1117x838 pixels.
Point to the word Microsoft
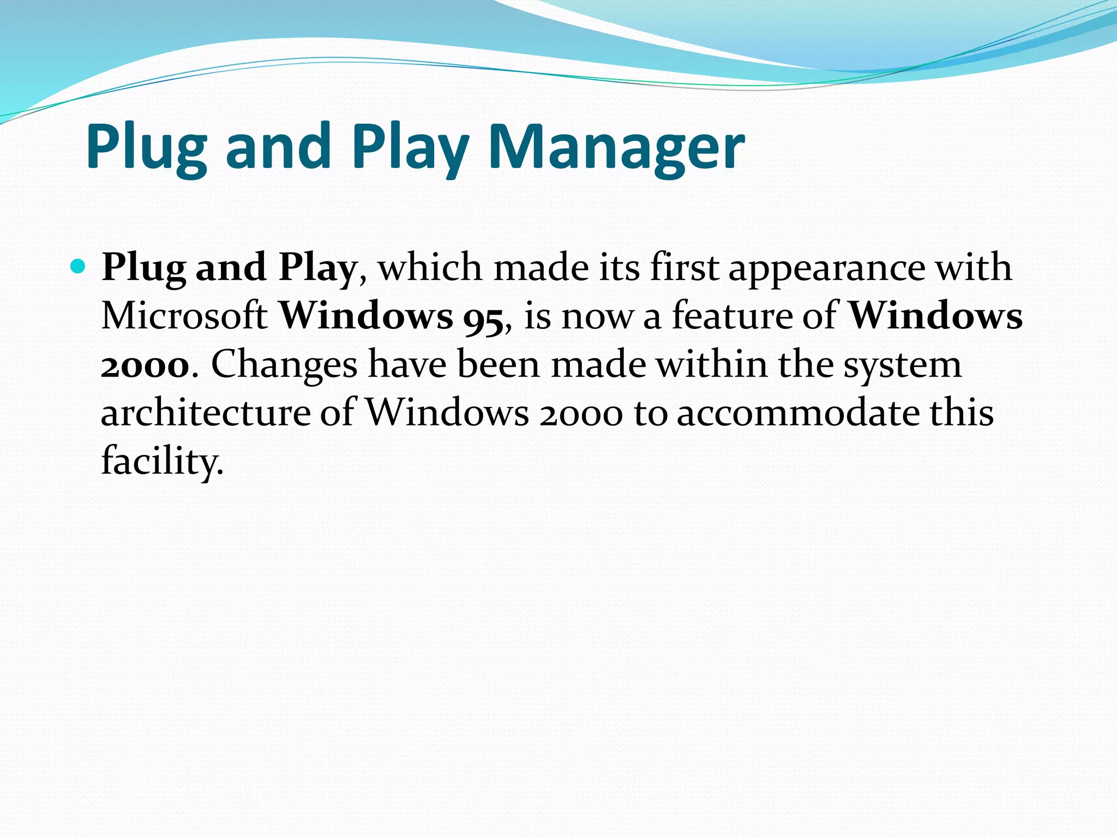coord(184,316)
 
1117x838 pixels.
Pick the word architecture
coord(206,412)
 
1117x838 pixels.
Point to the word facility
coord(162,461)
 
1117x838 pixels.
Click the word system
coord(903,364)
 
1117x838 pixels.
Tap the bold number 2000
coord(145,364)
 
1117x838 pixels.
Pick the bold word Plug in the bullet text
coord(143,268)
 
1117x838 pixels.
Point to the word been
coord(499,364)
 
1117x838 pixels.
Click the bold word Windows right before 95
coord(366,316)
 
